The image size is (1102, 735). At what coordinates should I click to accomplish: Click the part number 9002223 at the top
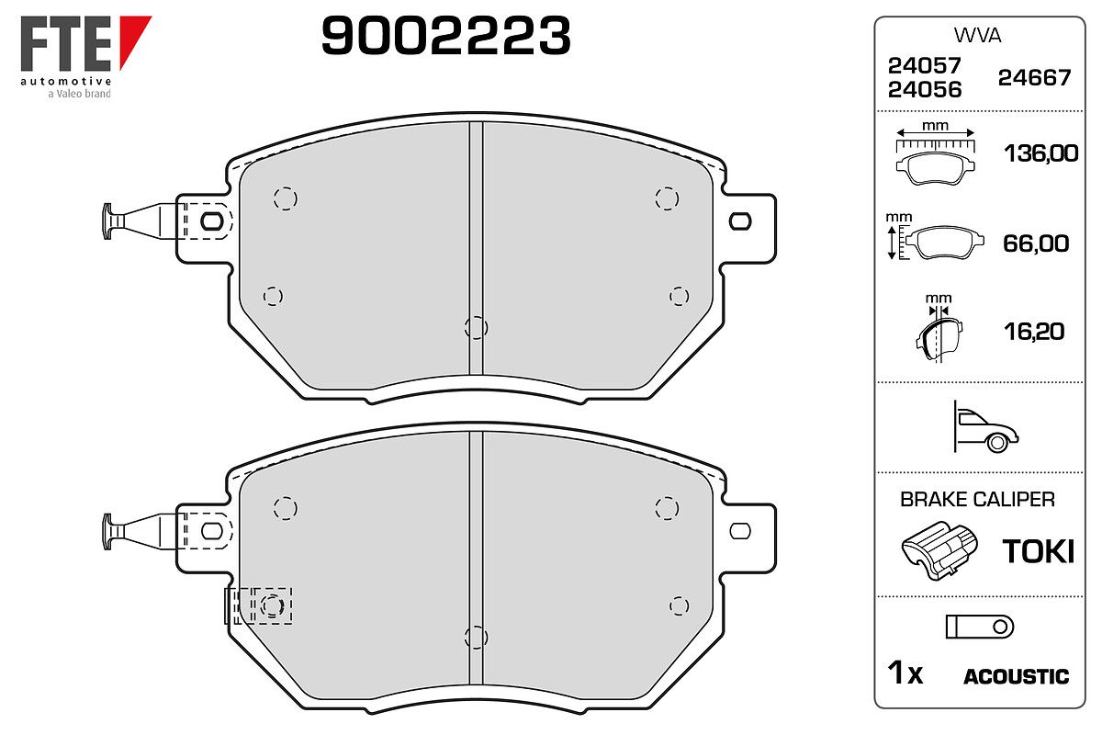[x=445, y=36]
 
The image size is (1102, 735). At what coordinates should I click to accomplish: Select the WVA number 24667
[x=1034, y=78]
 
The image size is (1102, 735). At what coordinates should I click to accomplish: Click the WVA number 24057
[x=925, y=65]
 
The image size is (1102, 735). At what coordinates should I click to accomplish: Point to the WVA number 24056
[x=925, y=90]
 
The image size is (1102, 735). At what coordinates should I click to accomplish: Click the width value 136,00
[x=1041, y=153]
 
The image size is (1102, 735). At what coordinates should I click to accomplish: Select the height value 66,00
[x=1036, y=243]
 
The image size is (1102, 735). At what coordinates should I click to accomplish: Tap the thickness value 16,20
[x=1034, y=332]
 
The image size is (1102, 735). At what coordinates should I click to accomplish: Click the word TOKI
[x=1039, y=551]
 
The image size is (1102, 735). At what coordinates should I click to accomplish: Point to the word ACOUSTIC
[x=1017, y=677]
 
